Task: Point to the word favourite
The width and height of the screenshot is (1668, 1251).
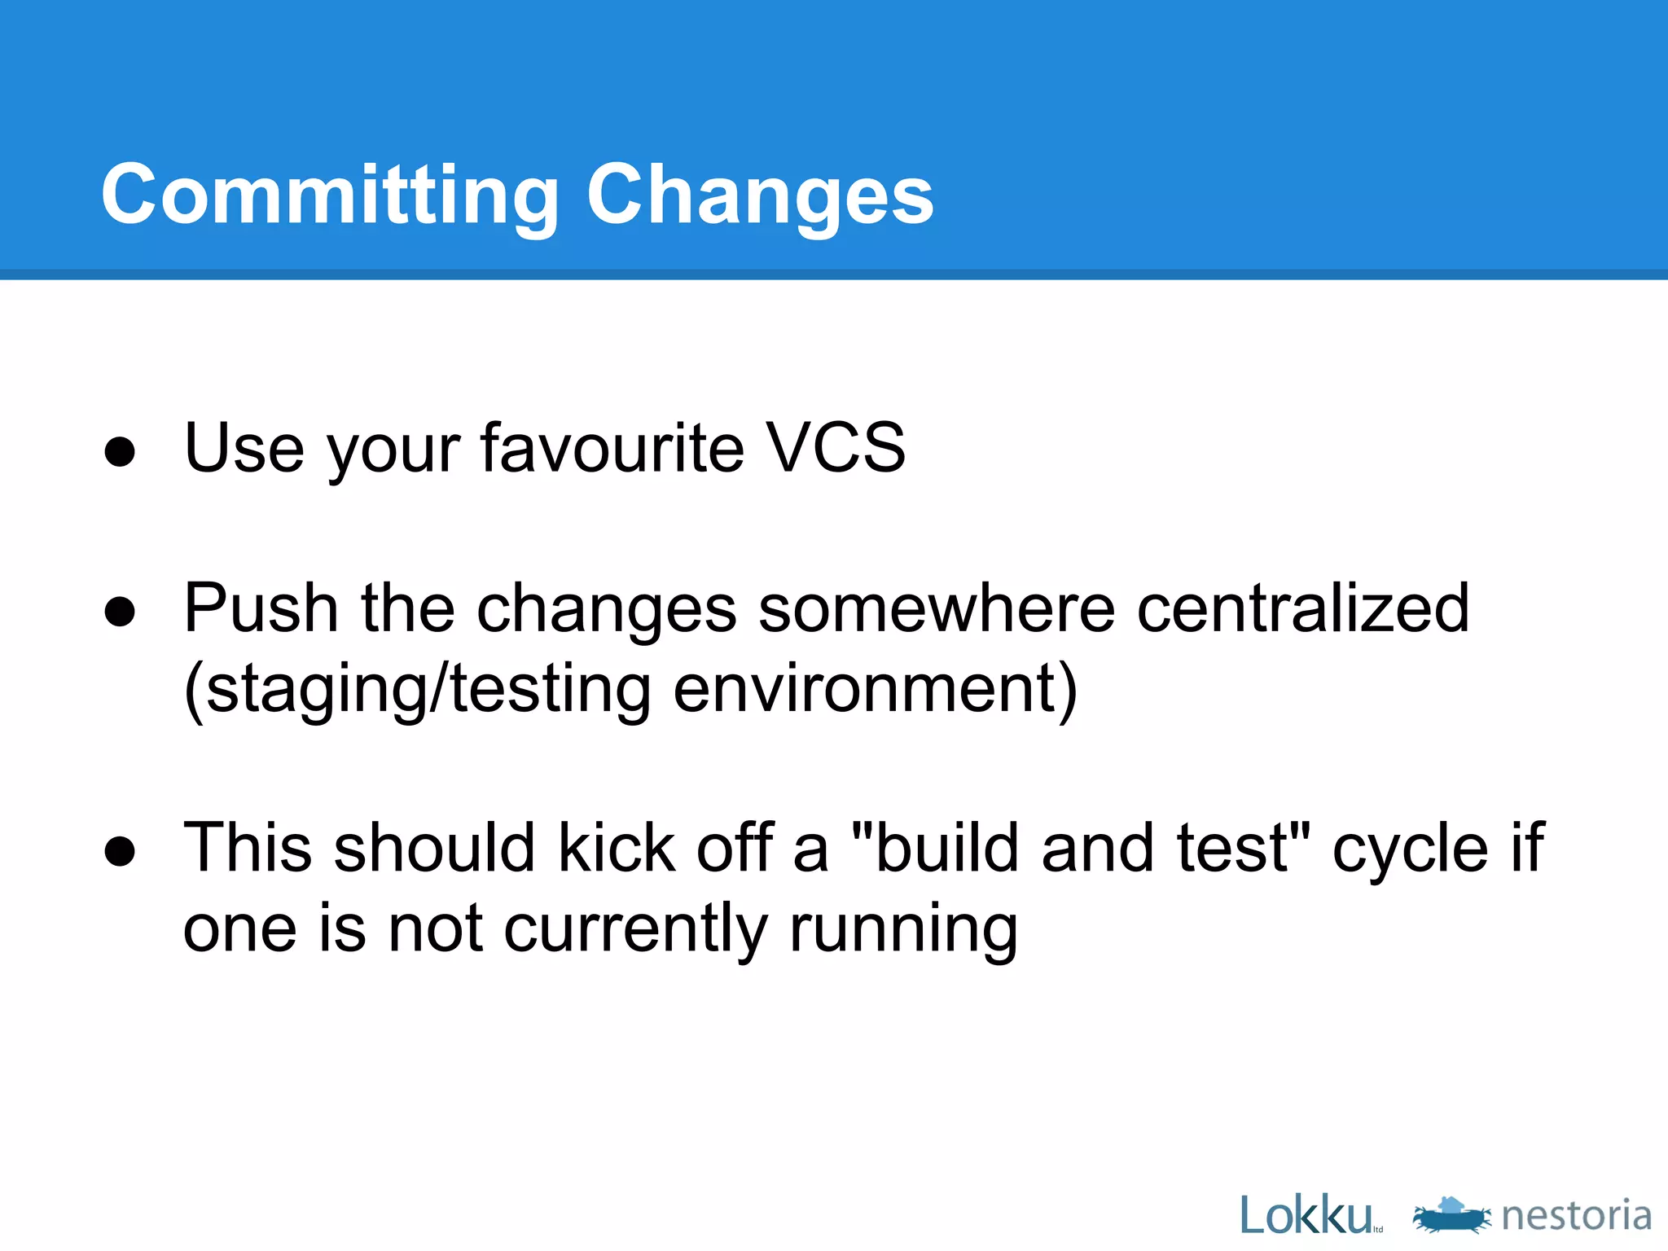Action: coord(612,447)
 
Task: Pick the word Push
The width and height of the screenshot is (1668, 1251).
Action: coord(261,608)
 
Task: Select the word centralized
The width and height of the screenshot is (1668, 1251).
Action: coord(1302,608)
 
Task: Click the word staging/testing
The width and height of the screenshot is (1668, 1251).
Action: coord(418,688)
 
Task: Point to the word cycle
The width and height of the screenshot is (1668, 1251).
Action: coord(1410,848)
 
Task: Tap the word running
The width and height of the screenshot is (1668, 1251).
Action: coord(904,928)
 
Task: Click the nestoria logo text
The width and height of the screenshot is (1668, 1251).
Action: coord(1576,1215)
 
